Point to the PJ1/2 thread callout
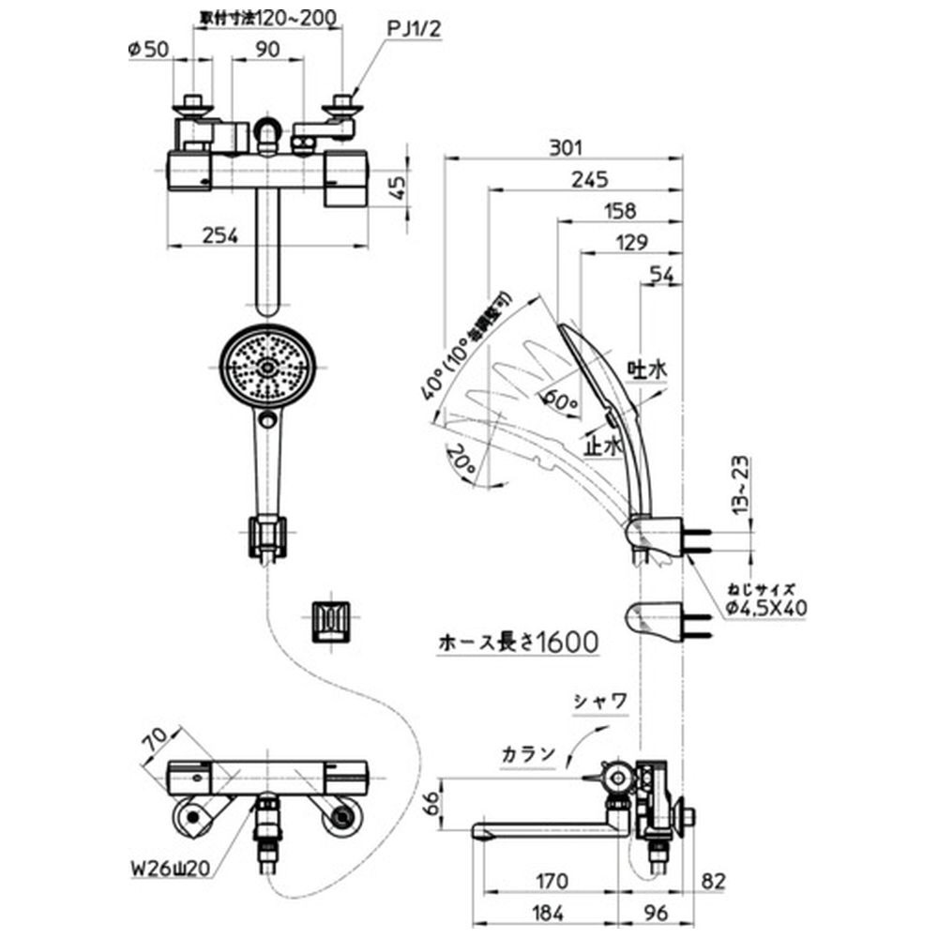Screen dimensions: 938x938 pyautogui.click(x=413, y=30)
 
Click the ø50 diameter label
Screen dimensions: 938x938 pyautogui.click(x=151, y=51)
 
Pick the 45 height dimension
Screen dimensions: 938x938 pyautogui.click(x=398, y=189)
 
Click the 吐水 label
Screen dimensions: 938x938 pyautogui.click(x=646, y=372)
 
